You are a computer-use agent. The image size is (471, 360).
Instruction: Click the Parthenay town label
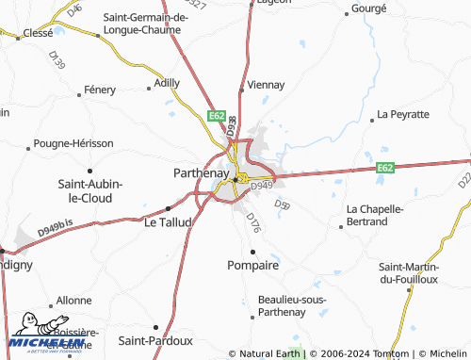click(201, 173)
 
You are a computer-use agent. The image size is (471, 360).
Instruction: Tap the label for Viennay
click(266, 85)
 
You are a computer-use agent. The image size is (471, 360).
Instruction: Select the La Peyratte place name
click(403, 114)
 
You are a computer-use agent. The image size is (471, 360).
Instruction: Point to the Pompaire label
click(253, 266)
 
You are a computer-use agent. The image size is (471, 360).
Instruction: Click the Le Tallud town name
click(168, 222)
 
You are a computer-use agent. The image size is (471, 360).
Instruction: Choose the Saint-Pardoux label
click(155, 340)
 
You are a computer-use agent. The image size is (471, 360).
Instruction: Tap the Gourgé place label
click(368, 8)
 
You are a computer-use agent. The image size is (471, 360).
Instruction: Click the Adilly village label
click(167, 83)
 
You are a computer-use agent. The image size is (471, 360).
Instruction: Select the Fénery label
click(100, 90)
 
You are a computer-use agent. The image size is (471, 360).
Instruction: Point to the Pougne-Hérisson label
click(73, 143)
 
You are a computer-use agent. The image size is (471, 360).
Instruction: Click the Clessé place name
click(38, 32)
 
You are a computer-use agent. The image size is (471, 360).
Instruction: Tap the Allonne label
click(74, 300)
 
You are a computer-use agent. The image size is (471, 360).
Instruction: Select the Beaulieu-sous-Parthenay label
click(291, 306)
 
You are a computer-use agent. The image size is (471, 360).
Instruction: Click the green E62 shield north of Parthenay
click(216, 116)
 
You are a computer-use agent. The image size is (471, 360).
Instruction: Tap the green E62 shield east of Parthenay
click(384, 168)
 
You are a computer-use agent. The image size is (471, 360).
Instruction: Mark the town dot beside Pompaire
click(253, 251)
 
